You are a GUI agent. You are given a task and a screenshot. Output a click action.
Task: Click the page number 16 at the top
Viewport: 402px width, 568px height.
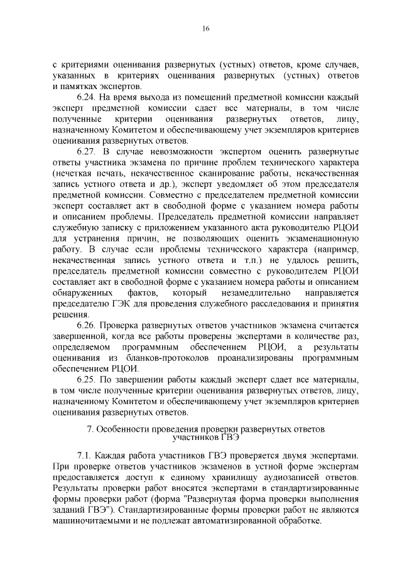[x=205, y=28]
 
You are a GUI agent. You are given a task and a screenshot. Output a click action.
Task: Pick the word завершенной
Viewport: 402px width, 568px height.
[x=79, y=336]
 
